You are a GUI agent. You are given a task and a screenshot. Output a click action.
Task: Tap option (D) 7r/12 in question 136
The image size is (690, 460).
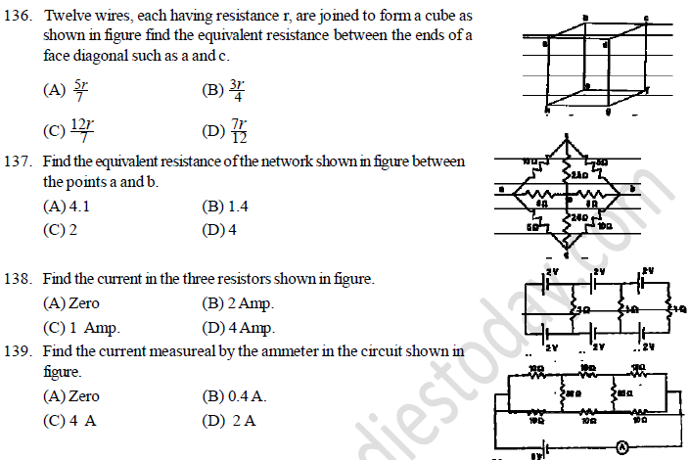coord(227,130)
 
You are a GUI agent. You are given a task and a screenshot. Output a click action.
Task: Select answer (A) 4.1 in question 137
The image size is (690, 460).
coord(67,207)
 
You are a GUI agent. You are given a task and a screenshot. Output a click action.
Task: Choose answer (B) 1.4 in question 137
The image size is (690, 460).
coord(224,207)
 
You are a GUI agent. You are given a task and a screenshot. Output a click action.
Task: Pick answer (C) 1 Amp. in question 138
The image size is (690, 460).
coord(86,328)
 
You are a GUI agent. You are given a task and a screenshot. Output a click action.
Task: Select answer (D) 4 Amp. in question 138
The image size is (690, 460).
coord(238,328)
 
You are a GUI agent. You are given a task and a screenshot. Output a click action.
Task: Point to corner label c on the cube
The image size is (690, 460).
coord(645,19)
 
